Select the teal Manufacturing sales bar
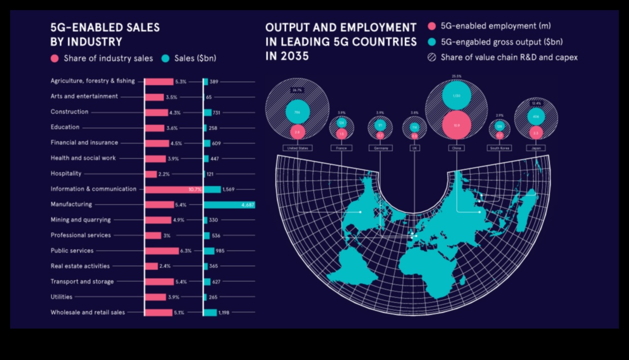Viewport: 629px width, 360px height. (x=229, y=205)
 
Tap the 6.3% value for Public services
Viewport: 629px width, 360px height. (x=186, y=251)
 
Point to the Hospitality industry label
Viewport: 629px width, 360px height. (x=66, y=173)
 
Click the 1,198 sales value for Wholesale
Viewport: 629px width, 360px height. (x=224, y=313)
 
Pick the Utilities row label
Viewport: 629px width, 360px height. (x=61, y=297)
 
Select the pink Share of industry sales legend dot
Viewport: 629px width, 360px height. (x=55, y=58)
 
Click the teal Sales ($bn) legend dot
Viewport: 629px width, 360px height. (x=165, y=58)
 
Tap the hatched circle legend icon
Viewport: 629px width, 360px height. (x=432, y=57)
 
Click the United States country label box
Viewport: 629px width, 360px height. (x=297, y=148)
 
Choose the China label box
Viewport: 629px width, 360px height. (x=457, y=148)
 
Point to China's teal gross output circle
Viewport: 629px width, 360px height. (x=457, y=95)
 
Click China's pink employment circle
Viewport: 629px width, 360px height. (x=457, y=125)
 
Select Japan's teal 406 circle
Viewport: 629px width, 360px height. (x=536, y=117)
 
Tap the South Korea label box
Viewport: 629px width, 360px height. (x=499, y=148)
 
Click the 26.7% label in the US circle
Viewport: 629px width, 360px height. (x=297, y=90)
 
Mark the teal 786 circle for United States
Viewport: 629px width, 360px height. (x=297, y=113)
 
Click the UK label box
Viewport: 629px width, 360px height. (x=414, y=148)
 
